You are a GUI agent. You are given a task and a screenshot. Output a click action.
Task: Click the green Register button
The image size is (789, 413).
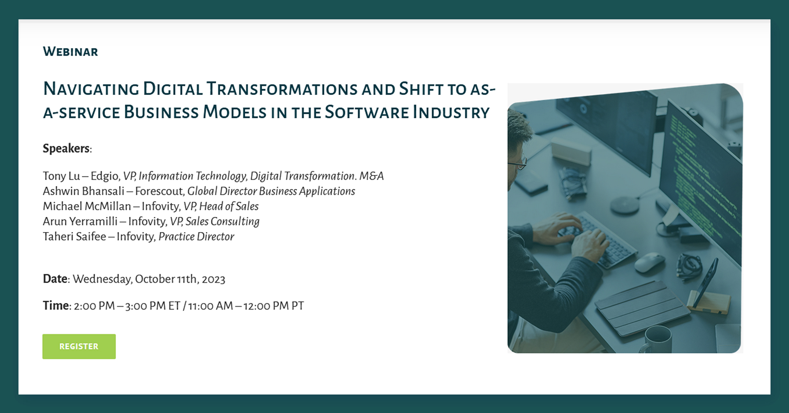(x=79, y=346)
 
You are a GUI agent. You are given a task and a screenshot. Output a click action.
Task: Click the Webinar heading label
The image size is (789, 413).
(x=70, y=52)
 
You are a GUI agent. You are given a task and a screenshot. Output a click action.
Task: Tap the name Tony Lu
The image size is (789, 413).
(x=61, y=176)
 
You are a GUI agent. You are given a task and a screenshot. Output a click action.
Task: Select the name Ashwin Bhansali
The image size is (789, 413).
(x=83, y=191)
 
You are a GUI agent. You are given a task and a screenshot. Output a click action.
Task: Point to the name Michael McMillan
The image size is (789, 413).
(x=87, y=206)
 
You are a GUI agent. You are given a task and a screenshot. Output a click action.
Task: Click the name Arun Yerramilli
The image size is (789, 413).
(x=80, y=221)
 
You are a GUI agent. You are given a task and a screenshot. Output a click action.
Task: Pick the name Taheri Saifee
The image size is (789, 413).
(x=74, y=237)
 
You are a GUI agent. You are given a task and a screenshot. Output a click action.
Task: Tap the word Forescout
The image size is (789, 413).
(x=159, y=192)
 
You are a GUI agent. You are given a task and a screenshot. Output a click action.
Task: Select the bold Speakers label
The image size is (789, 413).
(x=66, y=148)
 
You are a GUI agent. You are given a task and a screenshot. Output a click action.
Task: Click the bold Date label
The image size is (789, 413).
(x=55, y=279)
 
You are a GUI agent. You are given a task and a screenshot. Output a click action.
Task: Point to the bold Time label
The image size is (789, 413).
(x=56, y=305)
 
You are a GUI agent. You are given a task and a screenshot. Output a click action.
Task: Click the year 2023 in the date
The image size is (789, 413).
(x=213, y=279)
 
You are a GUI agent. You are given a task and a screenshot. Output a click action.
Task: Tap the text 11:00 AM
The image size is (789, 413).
(x=210, y=306)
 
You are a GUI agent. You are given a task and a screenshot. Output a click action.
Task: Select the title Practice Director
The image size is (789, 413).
(x=196, y=237)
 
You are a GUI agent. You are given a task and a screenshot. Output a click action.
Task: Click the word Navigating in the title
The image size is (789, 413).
(x=91, y=89)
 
